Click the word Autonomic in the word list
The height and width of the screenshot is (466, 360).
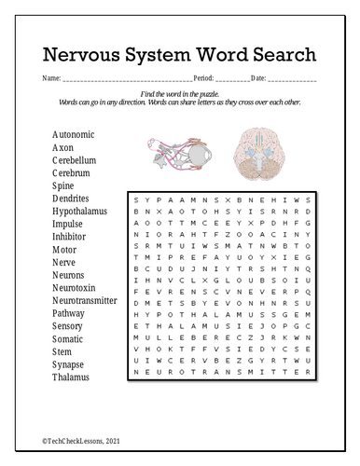[x=73, y=134]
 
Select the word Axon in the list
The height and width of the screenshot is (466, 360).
[x=62, y=147]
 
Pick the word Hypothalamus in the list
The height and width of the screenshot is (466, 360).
[x=79, y=212]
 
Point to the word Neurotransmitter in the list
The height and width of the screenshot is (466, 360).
[x=84, y=301]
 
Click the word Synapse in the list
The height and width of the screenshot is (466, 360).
[x=69, y=365]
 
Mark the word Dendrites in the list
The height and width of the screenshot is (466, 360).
[x=71, y=199]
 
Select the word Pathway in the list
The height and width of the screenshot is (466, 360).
[x=69, y=314]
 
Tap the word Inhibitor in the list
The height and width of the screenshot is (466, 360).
[x=70, y=237]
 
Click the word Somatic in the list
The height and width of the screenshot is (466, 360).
[x=69, y=339]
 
